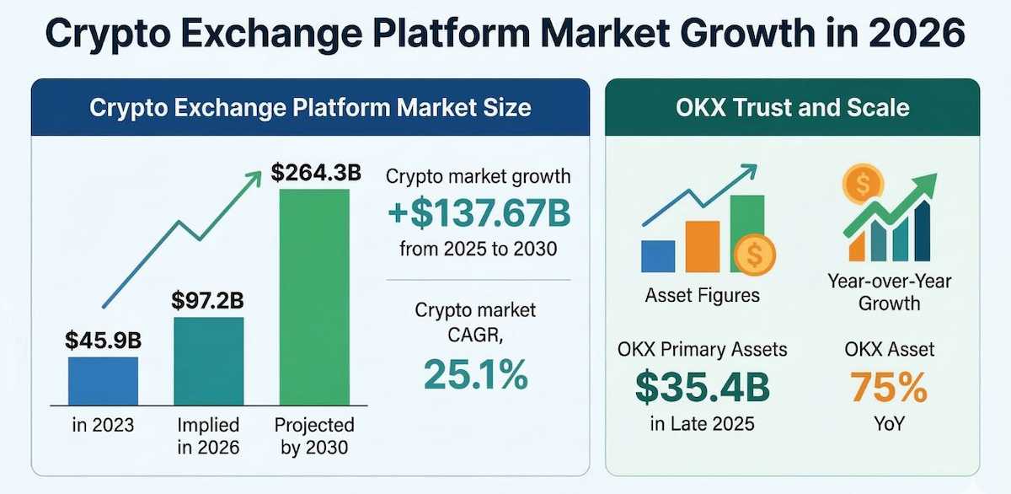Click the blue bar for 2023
coord(103,380)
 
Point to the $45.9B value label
coord(103,341)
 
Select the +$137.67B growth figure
coord(478,214)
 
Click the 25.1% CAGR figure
coord(476,374)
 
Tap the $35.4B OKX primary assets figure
coord(702,387)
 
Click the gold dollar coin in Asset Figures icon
coord(755,254)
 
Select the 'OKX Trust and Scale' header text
coord(792,108)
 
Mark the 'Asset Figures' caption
coord(702,295)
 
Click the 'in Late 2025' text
coord(702,424)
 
